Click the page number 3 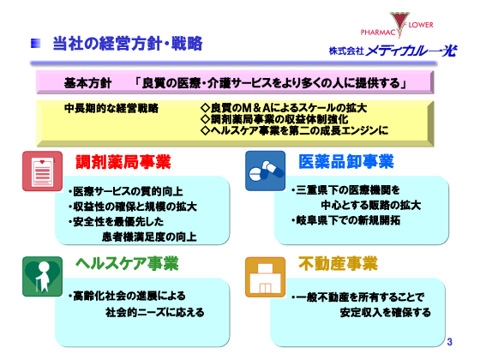pos(449,343)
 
